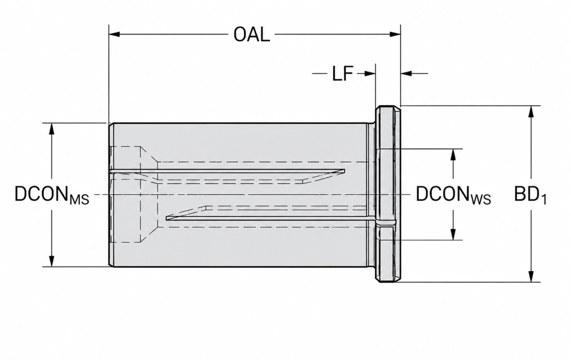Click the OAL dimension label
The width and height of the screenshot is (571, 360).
(x=252, y=35)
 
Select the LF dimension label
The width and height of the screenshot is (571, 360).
(x=342, y=74)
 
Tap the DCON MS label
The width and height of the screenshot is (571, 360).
(x=52, y=195)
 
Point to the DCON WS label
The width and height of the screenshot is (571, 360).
(x=454, y=195)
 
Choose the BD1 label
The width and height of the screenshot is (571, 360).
(x=530, y=195)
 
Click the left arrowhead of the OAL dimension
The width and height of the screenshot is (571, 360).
(x=114, y=34)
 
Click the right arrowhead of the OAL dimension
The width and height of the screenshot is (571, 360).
(x=395, y=34)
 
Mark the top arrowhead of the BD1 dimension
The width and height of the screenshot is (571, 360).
(x=531, y=111)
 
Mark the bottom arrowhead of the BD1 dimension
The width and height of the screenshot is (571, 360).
(x=531, y=276)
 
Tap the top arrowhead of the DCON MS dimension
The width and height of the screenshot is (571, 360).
(x=52, y=129)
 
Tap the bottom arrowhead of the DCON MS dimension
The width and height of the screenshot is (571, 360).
(x=52, y=261)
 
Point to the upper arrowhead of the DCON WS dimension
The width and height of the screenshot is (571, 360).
(x=453, y=154)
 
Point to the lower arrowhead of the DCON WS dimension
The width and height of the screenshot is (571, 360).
(x=453, y=234)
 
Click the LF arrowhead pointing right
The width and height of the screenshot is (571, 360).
(x=370, y=73)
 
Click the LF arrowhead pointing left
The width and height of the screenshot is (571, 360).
(x=406, y=73)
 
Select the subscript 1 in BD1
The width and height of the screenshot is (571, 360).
(x=544, y=200)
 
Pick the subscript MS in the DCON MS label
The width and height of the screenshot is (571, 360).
(x=80, y=200)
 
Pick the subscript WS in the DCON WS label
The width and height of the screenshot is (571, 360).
(x=481, y=200)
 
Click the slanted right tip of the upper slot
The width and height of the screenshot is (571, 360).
(x=344, y=171)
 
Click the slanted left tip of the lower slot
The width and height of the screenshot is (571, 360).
(x=166, y=218)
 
